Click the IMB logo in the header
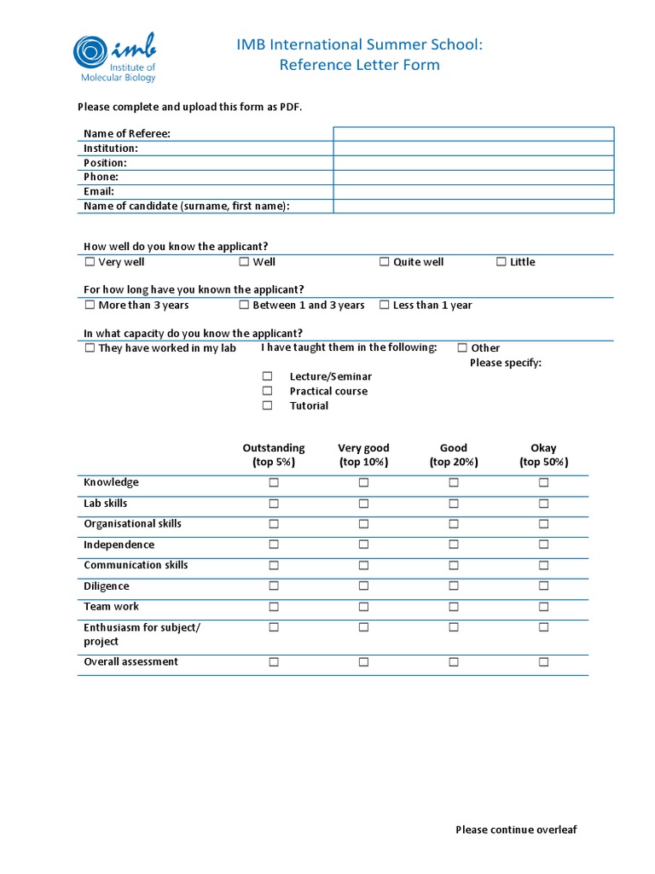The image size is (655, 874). coord(115,57)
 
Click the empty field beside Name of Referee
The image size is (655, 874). coord(473,134)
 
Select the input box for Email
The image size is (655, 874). coord(473,192)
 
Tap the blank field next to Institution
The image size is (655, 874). coord(473,149)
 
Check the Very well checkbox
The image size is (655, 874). coord(90,262)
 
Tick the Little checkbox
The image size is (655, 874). coord(501,262)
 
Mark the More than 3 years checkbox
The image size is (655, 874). coord(90,305)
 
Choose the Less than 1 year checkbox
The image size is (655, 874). coord(385,305)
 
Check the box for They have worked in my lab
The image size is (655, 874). coord(90,348)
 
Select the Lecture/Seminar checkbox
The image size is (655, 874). coord(267,376)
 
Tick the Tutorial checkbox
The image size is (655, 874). coord(267,405)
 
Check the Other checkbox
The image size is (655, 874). coord(462,348)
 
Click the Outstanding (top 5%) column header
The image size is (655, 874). coord(274,455)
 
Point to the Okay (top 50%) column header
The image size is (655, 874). coord(543,455)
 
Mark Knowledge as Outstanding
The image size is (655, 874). coord(274,482)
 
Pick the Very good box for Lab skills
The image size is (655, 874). coord(363,504)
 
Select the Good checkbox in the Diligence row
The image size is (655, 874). coord(454,586)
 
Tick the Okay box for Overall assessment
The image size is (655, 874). coord(543,661)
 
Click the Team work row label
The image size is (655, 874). coord(111,607)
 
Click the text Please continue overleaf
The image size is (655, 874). coord(516,830)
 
